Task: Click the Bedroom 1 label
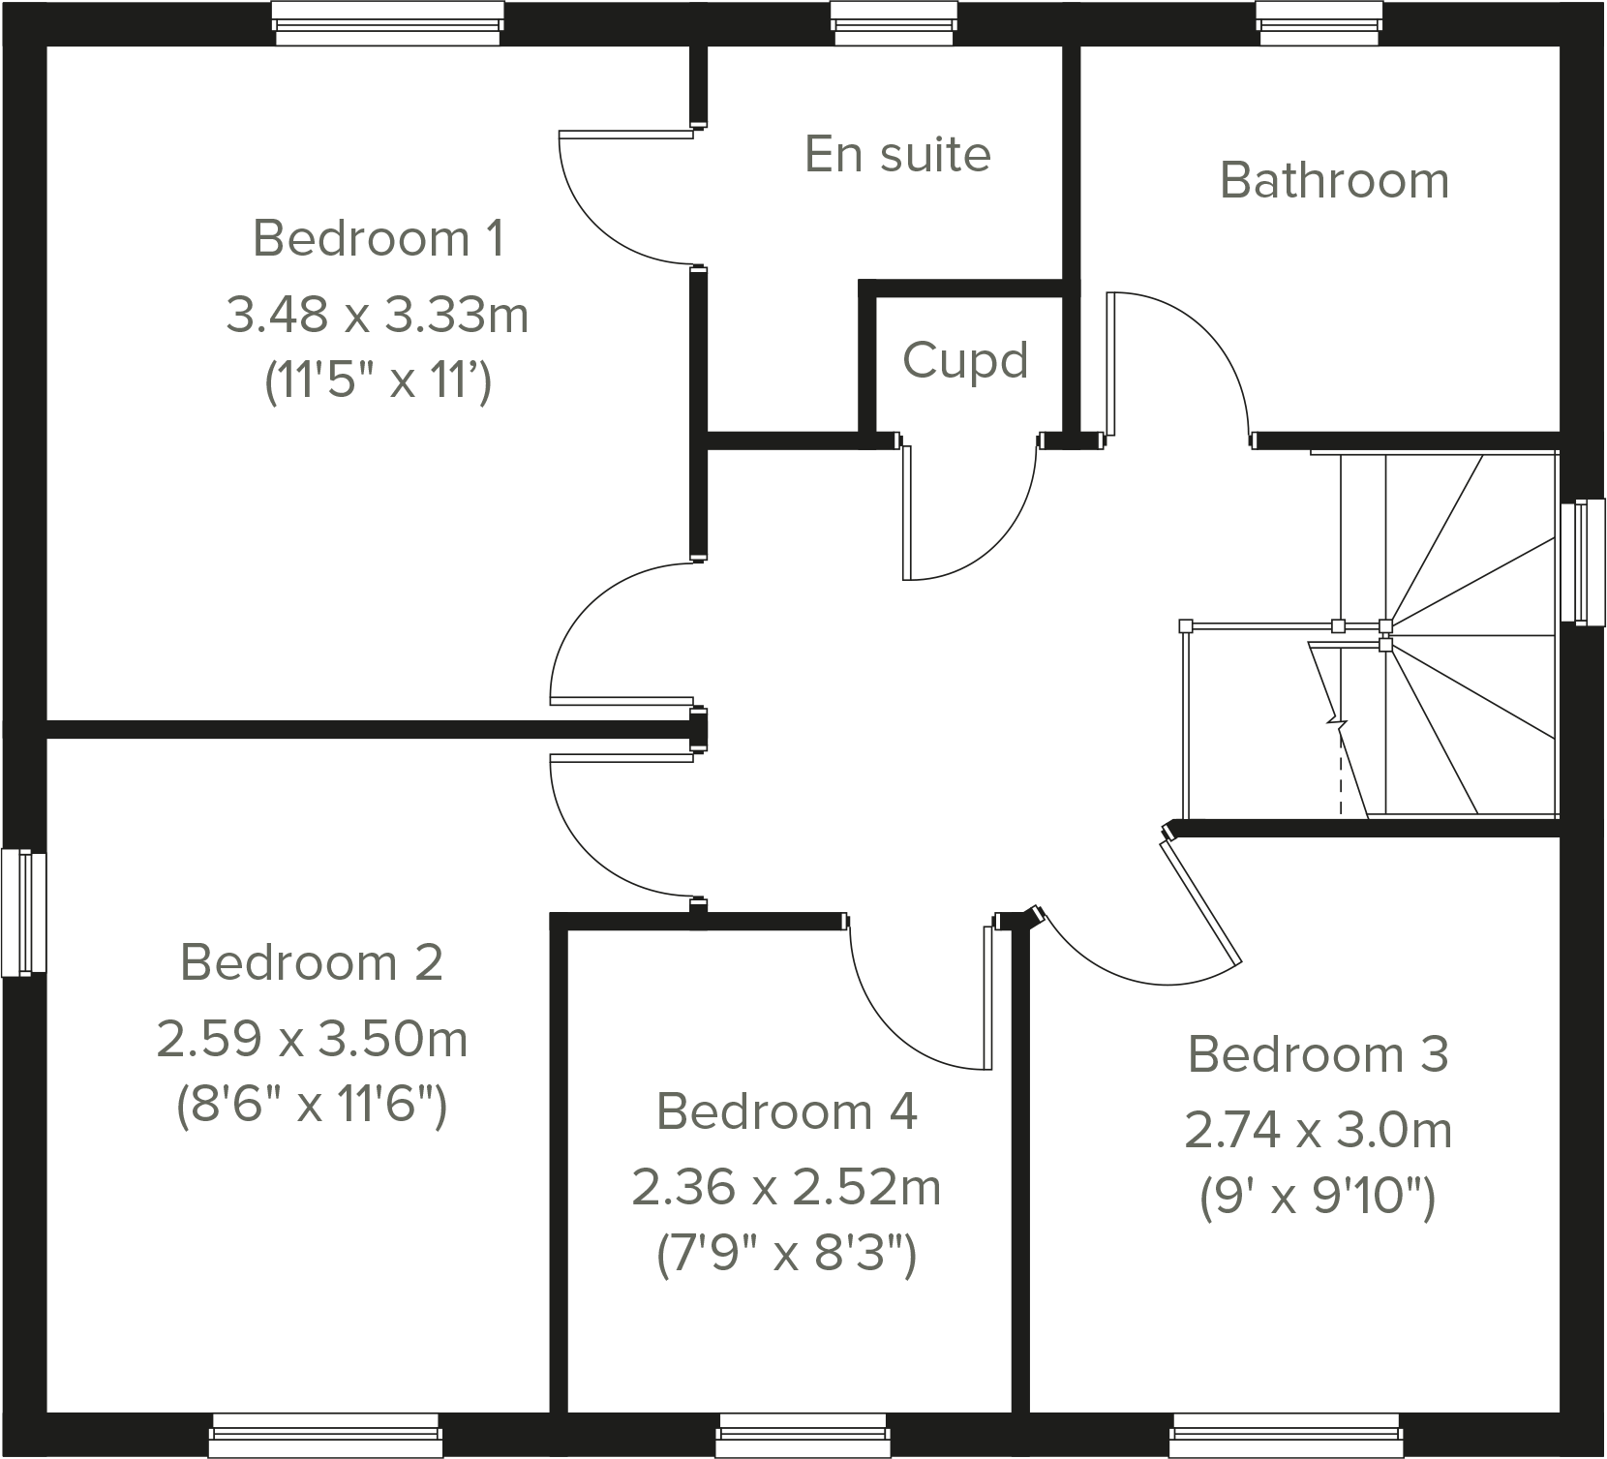pyautogui.click(x=378, y=238)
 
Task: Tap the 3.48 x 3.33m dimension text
pyautogui.click(x=378, y=316)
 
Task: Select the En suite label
pyautogui.click(x=897, y=155)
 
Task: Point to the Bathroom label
pyautogui.click(x=1334, y=181)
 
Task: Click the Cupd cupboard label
pyautogui.click(x=965, y=361)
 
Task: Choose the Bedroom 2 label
pyautogui.click(x=312, y=962)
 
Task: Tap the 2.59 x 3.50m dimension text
pyautogui.click(x=312, y=1040)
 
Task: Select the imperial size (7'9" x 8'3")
pyautogui.click(x=786, y=1257)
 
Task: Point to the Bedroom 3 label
pyautogui.click(x=1318, y=1054)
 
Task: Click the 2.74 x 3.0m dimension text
pyautogui.click(x=1318, y=1130)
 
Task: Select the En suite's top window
pyautogui.click(x=895, y=22)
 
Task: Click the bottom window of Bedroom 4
pyautogui.click(x=803, y=1435)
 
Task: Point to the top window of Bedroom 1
pyautogui.click(x=387, y=22)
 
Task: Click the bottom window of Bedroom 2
pyautogui.click(x=325, y=1435)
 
